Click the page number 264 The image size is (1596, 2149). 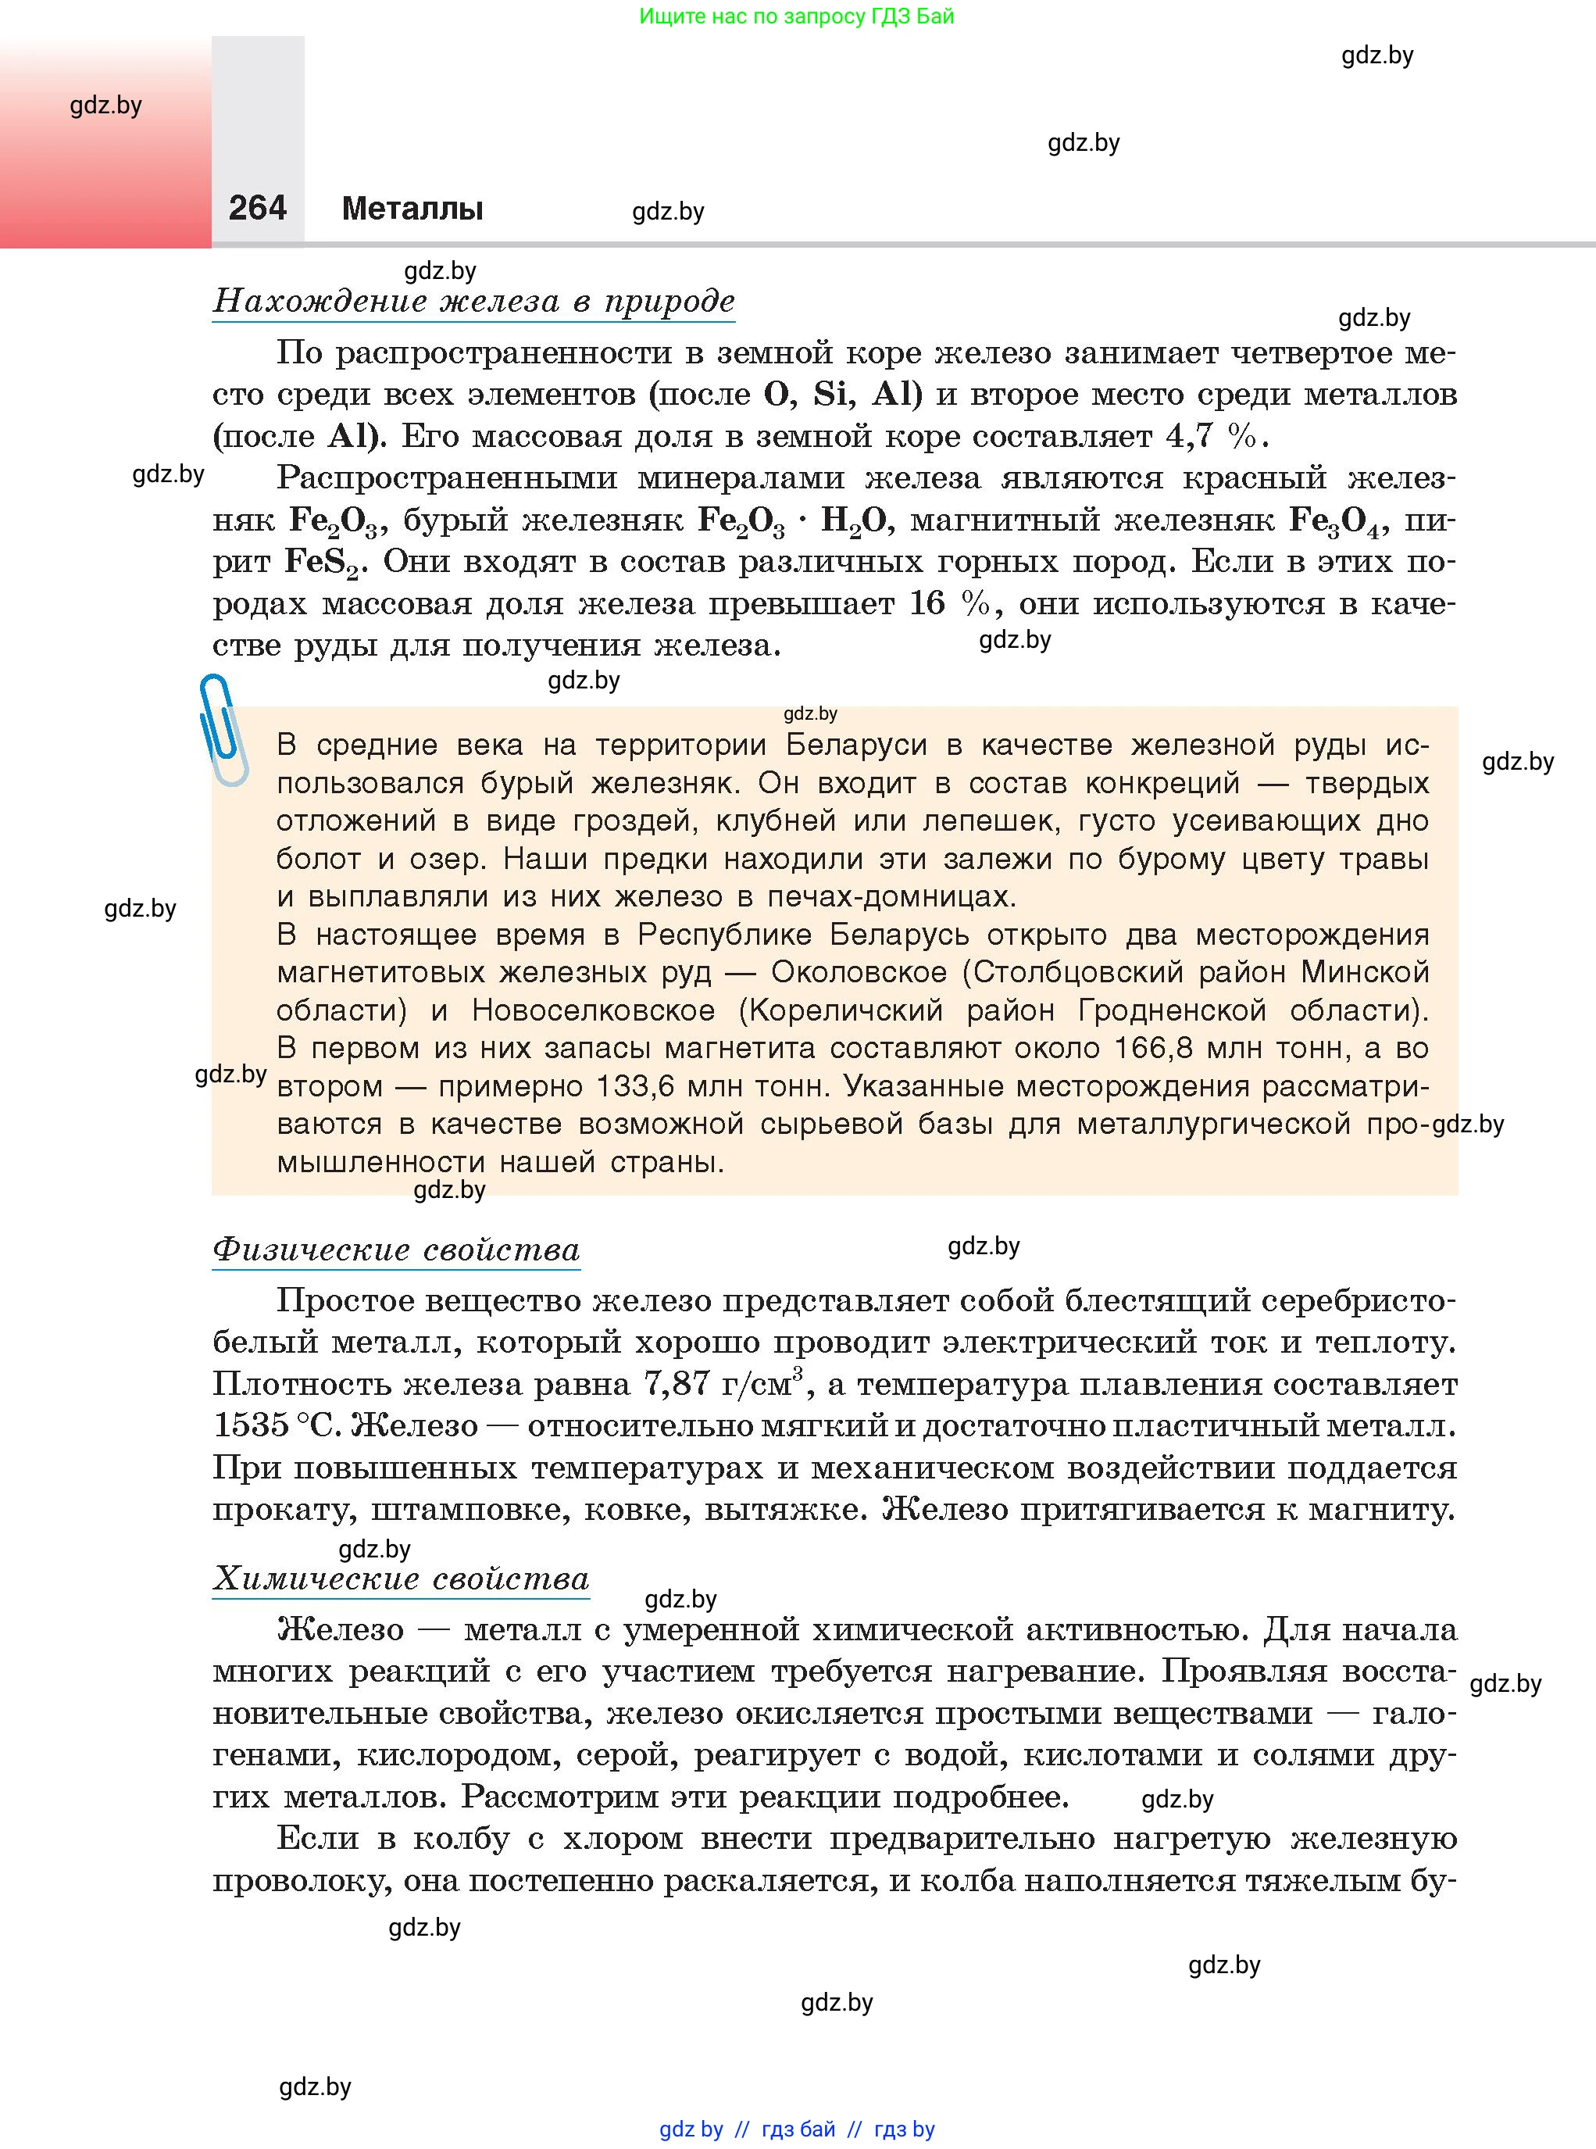click(x=257, y=208)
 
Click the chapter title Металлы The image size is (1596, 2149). click(x=412, y=209)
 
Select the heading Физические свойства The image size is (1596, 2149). click(x=396, y=1250)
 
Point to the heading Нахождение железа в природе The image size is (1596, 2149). click(x=473, y=302)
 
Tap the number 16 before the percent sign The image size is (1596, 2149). click(x=927, y=604)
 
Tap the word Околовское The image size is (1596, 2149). click(x=859, y=971)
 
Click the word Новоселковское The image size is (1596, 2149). click(x=593, y=1010)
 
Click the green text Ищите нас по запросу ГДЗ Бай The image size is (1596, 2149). click(x=796, y=16)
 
